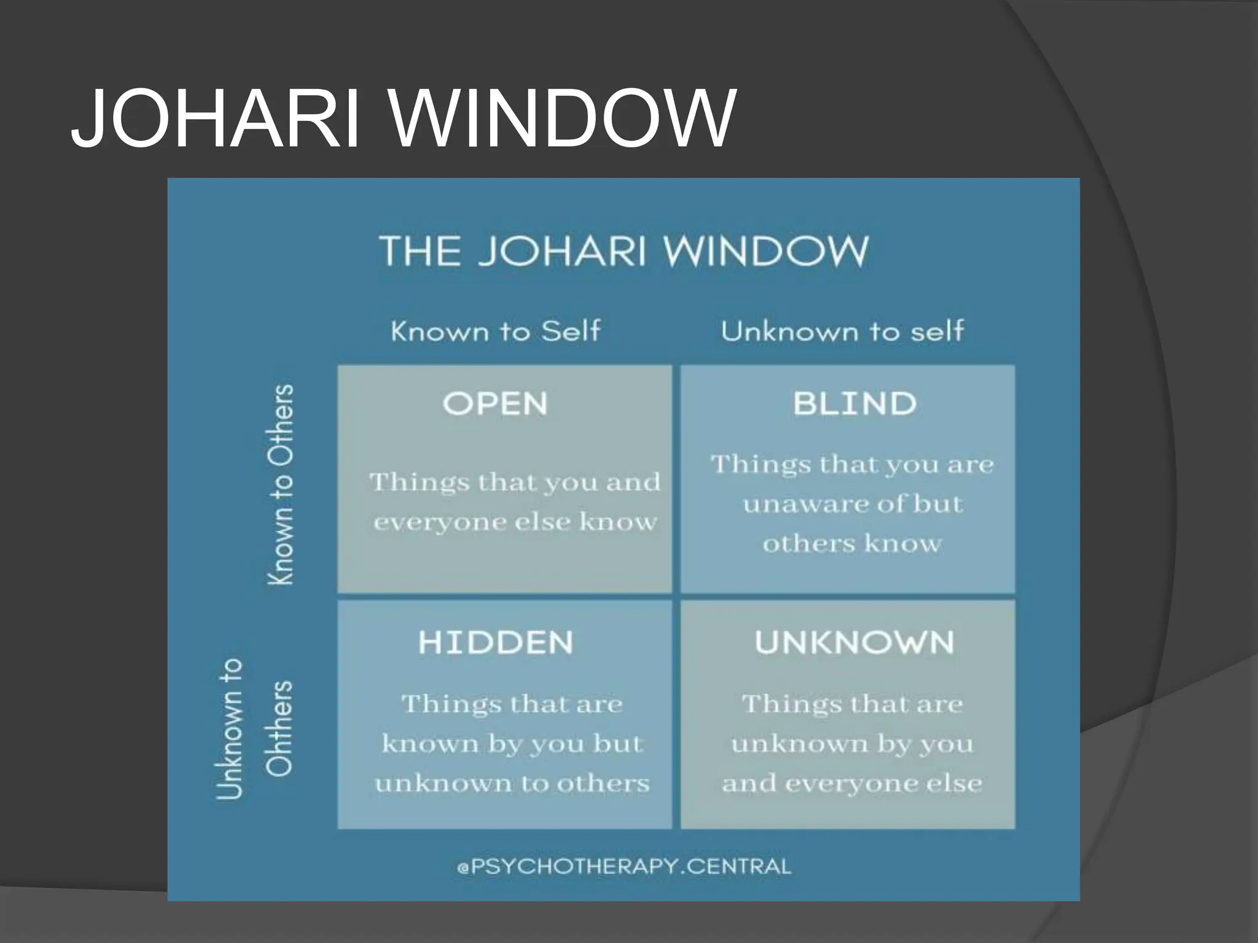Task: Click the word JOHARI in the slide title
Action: tap(215, 118)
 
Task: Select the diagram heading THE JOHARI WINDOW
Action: tap(623, 250)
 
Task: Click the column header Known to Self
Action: tap(495, 332)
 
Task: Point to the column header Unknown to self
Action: tap(842, 332)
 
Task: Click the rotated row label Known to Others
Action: tap(282, 485)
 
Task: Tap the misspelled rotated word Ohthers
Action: tap(279, 728)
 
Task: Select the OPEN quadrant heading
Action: tap(495, 404)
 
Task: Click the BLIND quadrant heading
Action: tap(854, 404)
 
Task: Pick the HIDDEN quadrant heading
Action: tap(495, 643)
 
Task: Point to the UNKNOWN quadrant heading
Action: tap(854, 643)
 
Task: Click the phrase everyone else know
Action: tap(515, 522)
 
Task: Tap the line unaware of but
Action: tap(853, 504)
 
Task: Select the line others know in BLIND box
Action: tap(852, 543)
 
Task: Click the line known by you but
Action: tap(512, 743)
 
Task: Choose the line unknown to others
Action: tap(512, 783)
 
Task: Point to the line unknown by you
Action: tap(852, 743)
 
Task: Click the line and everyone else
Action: tap(852, 783)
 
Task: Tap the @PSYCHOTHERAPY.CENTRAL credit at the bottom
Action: tap(623, 866)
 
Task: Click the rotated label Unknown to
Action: tap(230, 728)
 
